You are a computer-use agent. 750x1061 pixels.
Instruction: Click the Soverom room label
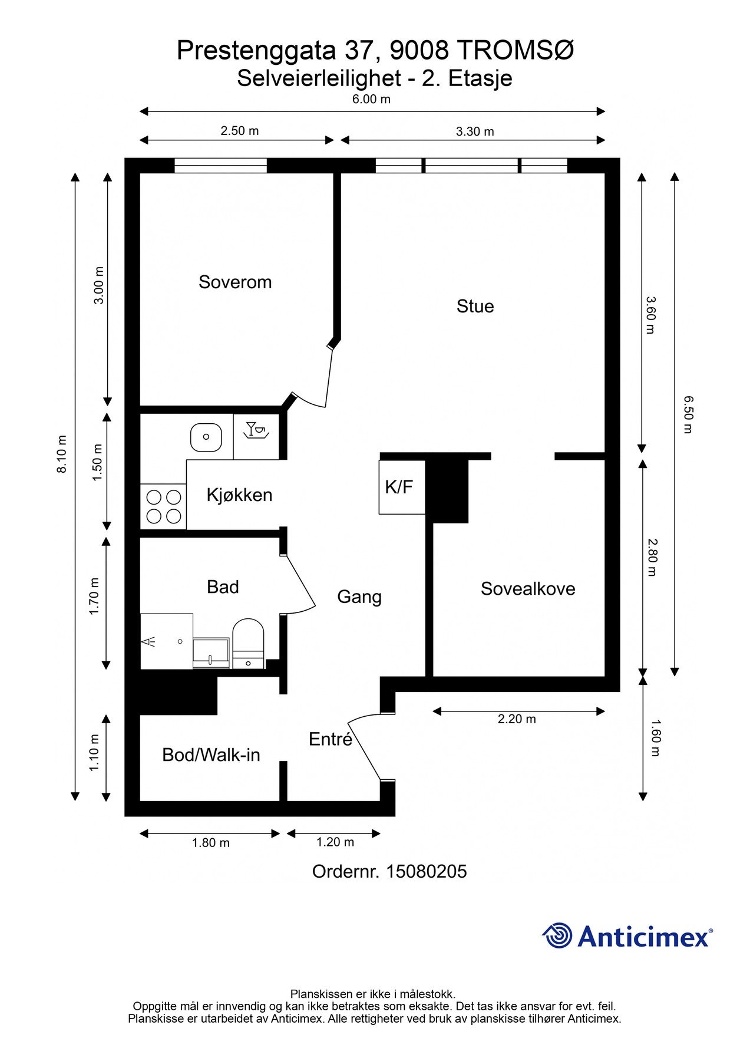pos(235,282)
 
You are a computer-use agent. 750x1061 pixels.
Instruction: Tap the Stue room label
pos(475,307)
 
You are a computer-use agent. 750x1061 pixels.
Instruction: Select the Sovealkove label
pos(528,589)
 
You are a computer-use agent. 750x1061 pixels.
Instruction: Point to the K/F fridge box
pos(402,487)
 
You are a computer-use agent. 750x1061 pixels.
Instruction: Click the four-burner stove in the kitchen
pos(163,506)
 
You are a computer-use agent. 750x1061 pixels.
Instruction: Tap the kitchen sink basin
pos(206,437)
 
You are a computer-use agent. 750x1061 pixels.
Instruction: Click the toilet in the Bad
pos(249,643)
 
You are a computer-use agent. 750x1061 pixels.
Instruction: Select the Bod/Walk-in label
pos(211,755)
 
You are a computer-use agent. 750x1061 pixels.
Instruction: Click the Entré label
pos(331,739)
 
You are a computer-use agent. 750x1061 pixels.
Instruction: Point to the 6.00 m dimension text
pos(371,99)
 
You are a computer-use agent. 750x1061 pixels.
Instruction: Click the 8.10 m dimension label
pos(62,454)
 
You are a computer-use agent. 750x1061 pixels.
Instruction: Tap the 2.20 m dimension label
pos(517,719)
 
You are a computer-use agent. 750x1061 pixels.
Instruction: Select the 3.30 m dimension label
pos(475,131)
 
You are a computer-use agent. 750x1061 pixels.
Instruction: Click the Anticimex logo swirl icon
pos(557,935)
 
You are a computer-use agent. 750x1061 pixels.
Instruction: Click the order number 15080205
pos(426,872)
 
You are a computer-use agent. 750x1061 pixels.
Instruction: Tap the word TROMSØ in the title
pos(515,51)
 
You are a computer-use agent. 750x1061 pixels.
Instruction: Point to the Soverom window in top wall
pos(221,166)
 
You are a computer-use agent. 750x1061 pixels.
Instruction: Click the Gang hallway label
pos(359,597)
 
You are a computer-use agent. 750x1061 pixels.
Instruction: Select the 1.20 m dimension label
pos(335,842)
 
